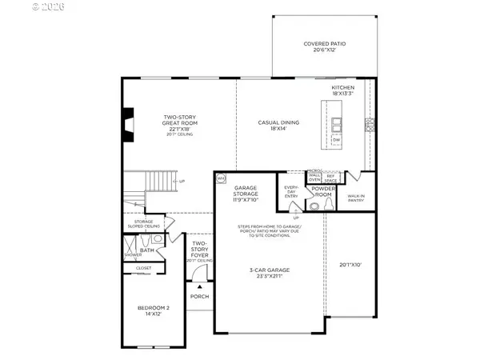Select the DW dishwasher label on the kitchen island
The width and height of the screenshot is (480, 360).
[337, 140]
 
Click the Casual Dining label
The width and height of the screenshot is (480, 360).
[278, 125]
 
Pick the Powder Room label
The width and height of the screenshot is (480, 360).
[325, 193]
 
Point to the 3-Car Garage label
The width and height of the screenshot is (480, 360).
[269, 273]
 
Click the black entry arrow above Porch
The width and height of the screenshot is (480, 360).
[199, 285]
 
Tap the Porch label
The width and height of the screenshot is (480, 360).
[199, 297]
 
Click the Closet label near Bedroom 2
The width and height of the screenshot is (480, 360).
[144, 268]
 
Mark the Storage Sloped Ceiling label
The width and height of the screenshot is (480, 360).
[143, 225]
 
